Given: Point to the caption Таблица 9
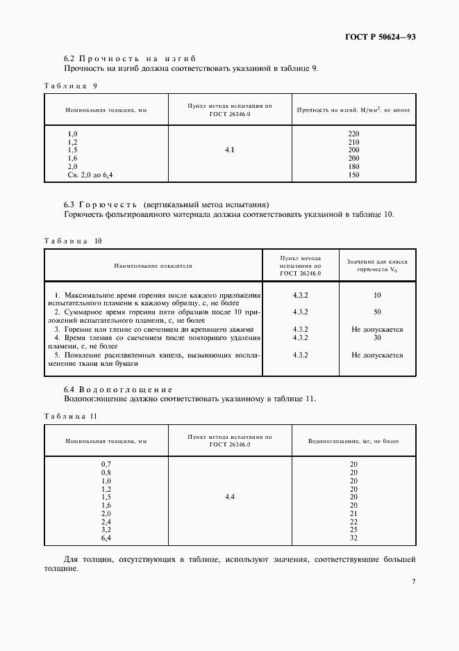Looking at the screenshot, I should coord(71,85).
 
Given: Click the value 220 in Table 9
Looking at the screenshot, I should coord(353,133).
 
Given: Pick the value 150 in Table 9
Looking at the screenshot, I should coord(353,175).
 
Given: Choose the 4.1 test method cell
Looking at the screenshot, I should coord(230,150).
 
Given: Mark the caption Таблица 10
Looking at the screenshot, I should coord(73,241).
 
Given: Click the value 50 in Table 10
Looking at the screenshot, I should coord(377,312).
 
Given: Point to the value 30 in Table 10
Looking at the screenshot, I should coord(377,337).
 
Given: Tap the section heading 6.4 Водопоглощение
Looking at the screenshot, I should coord(118,388).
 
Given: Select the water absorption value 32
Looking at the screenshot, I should coord(353,538).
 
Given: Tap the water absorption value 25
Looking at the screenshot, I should coord(353,530).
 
